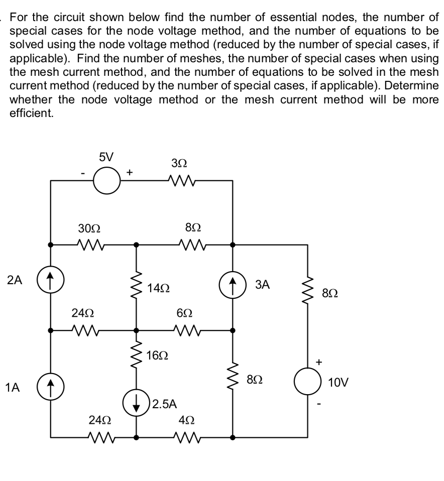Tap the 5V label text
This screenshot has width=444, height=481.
coord(105,157)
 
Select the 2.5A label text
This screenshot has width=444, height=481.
coord(163,403)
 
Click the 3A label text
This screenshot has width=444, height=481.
coord(263,285)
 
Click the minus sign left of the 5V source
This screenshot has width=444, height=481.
coord(83,173)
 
